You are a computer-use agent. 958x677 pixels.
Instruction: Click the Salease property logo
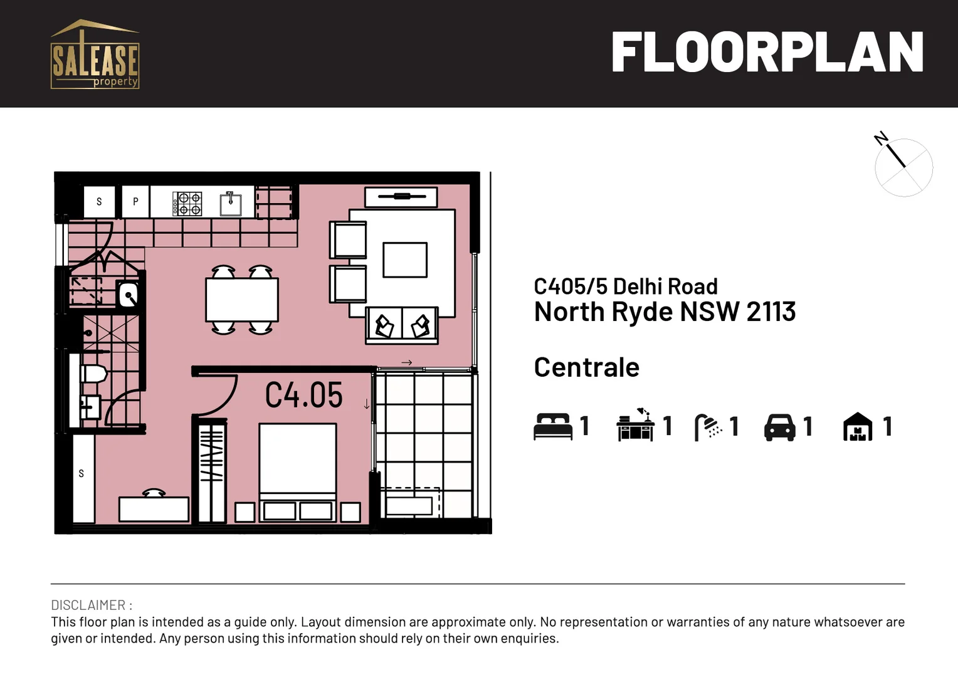point(95,55)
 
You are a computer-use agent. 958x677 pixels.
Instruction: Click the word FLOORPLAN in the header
point(767,53)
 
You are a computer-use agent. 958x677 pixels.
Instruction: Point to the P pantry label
point(135,202)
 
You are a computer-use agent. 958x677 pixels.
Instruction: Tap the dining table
point(242,300)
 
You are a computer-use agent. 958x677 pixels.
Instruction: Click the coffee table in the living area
point(405,260)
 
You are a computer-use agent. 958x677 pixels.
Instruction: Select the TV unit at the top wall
point(401,197)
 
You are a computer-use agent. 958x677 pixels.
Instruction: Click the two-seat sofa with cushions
point(402,325)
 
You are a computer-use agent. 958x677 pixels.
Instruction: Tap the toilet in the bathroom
point(94,374)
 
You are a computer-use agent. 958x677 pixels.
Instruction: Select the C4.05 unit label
point(304,396)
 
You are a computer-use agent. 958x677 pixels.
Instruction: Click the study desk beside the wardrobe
point(154,508)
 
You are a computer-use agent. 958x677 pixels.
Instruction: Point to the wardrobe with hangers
point(212,470)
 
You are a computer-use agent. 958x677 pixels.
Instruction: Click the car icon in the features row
point(779,427)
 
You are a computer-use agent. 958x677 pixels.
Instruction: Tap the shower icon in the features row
point(708,427)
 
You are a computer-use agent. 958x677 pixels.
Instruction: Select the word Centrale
point(586,367)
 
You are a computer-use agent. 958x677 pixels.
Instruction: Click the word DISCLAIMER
point(88,605)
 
